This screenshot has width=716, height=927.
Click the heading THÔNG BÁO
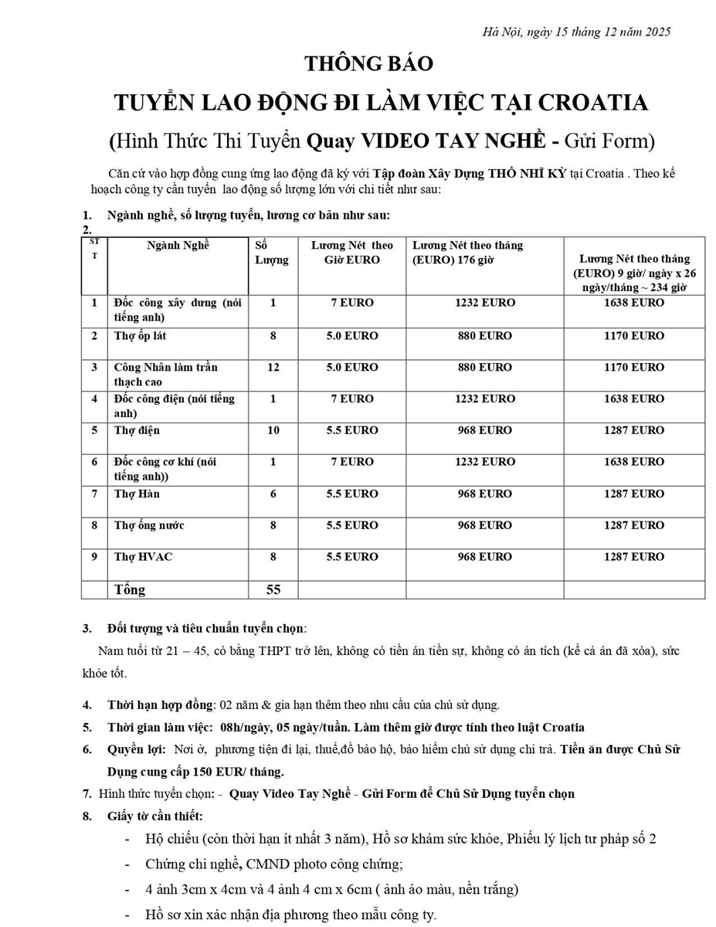(368, 63)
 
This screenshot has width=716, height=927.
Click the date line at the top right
(575, 32)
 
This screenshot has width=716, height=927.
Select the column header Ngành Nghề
(178, 246)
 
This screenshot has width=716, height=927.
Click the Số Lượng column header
(272, 253)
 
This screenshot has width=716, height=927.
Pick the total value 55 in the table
(273, 589)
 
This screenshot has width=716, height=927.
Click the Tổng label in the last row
(130, 589)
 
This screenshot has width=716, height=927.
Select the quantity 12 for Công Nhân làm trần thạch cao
(273, 367)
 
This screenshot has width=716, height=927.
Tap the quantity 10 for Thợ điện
(273, 430)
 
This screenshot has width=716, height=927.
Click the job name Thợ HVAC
(143, 557)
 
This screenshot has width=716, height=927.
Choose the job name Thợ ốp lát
(140, 336)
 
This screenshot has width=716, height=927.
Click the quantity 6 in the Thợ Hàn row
(273, 494)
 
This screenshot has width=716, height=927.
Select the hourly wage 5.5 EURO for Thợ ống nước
(351, 525)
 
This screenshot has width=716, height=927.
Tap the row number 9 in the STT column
(94, 557)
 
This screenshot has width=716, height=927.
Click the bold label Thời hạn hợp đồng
(160, 705)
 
